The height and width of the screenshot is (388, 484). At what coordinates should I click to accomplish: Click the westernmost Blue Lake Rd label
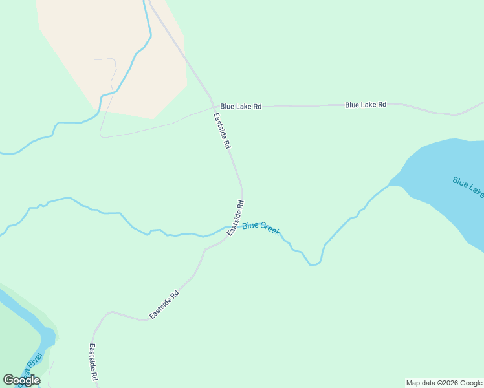coord(241,106)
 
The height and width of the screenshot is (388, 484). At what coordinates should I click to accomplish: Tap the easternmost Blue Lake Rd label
coord(366,104)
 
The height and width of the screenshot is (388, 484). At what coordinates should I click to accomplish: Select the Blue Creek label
coord(261,228)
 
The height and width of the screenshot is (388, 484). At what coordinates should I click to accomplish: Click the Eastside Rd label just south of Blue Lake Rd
coord(222,131)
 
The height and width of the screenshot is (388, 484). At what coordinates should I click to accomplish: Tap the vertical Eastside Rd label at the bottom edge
coord(93,362)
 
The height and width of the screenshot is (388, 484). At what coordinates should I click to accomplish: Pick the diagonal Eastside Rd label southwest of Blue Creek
coord(164,305)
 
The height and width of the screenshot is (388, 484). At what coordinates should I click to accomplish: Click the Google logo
coord(21,380)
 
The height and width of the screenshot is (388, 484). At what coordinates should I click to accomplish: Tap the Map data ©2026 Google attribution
coord(445,383)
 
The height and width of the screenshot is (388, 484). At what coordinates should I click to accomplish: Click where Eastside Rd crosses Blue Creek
coord(233,227)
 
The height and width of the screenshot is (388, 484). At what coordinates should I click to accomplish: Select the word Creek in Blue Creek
coord(270,229)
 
